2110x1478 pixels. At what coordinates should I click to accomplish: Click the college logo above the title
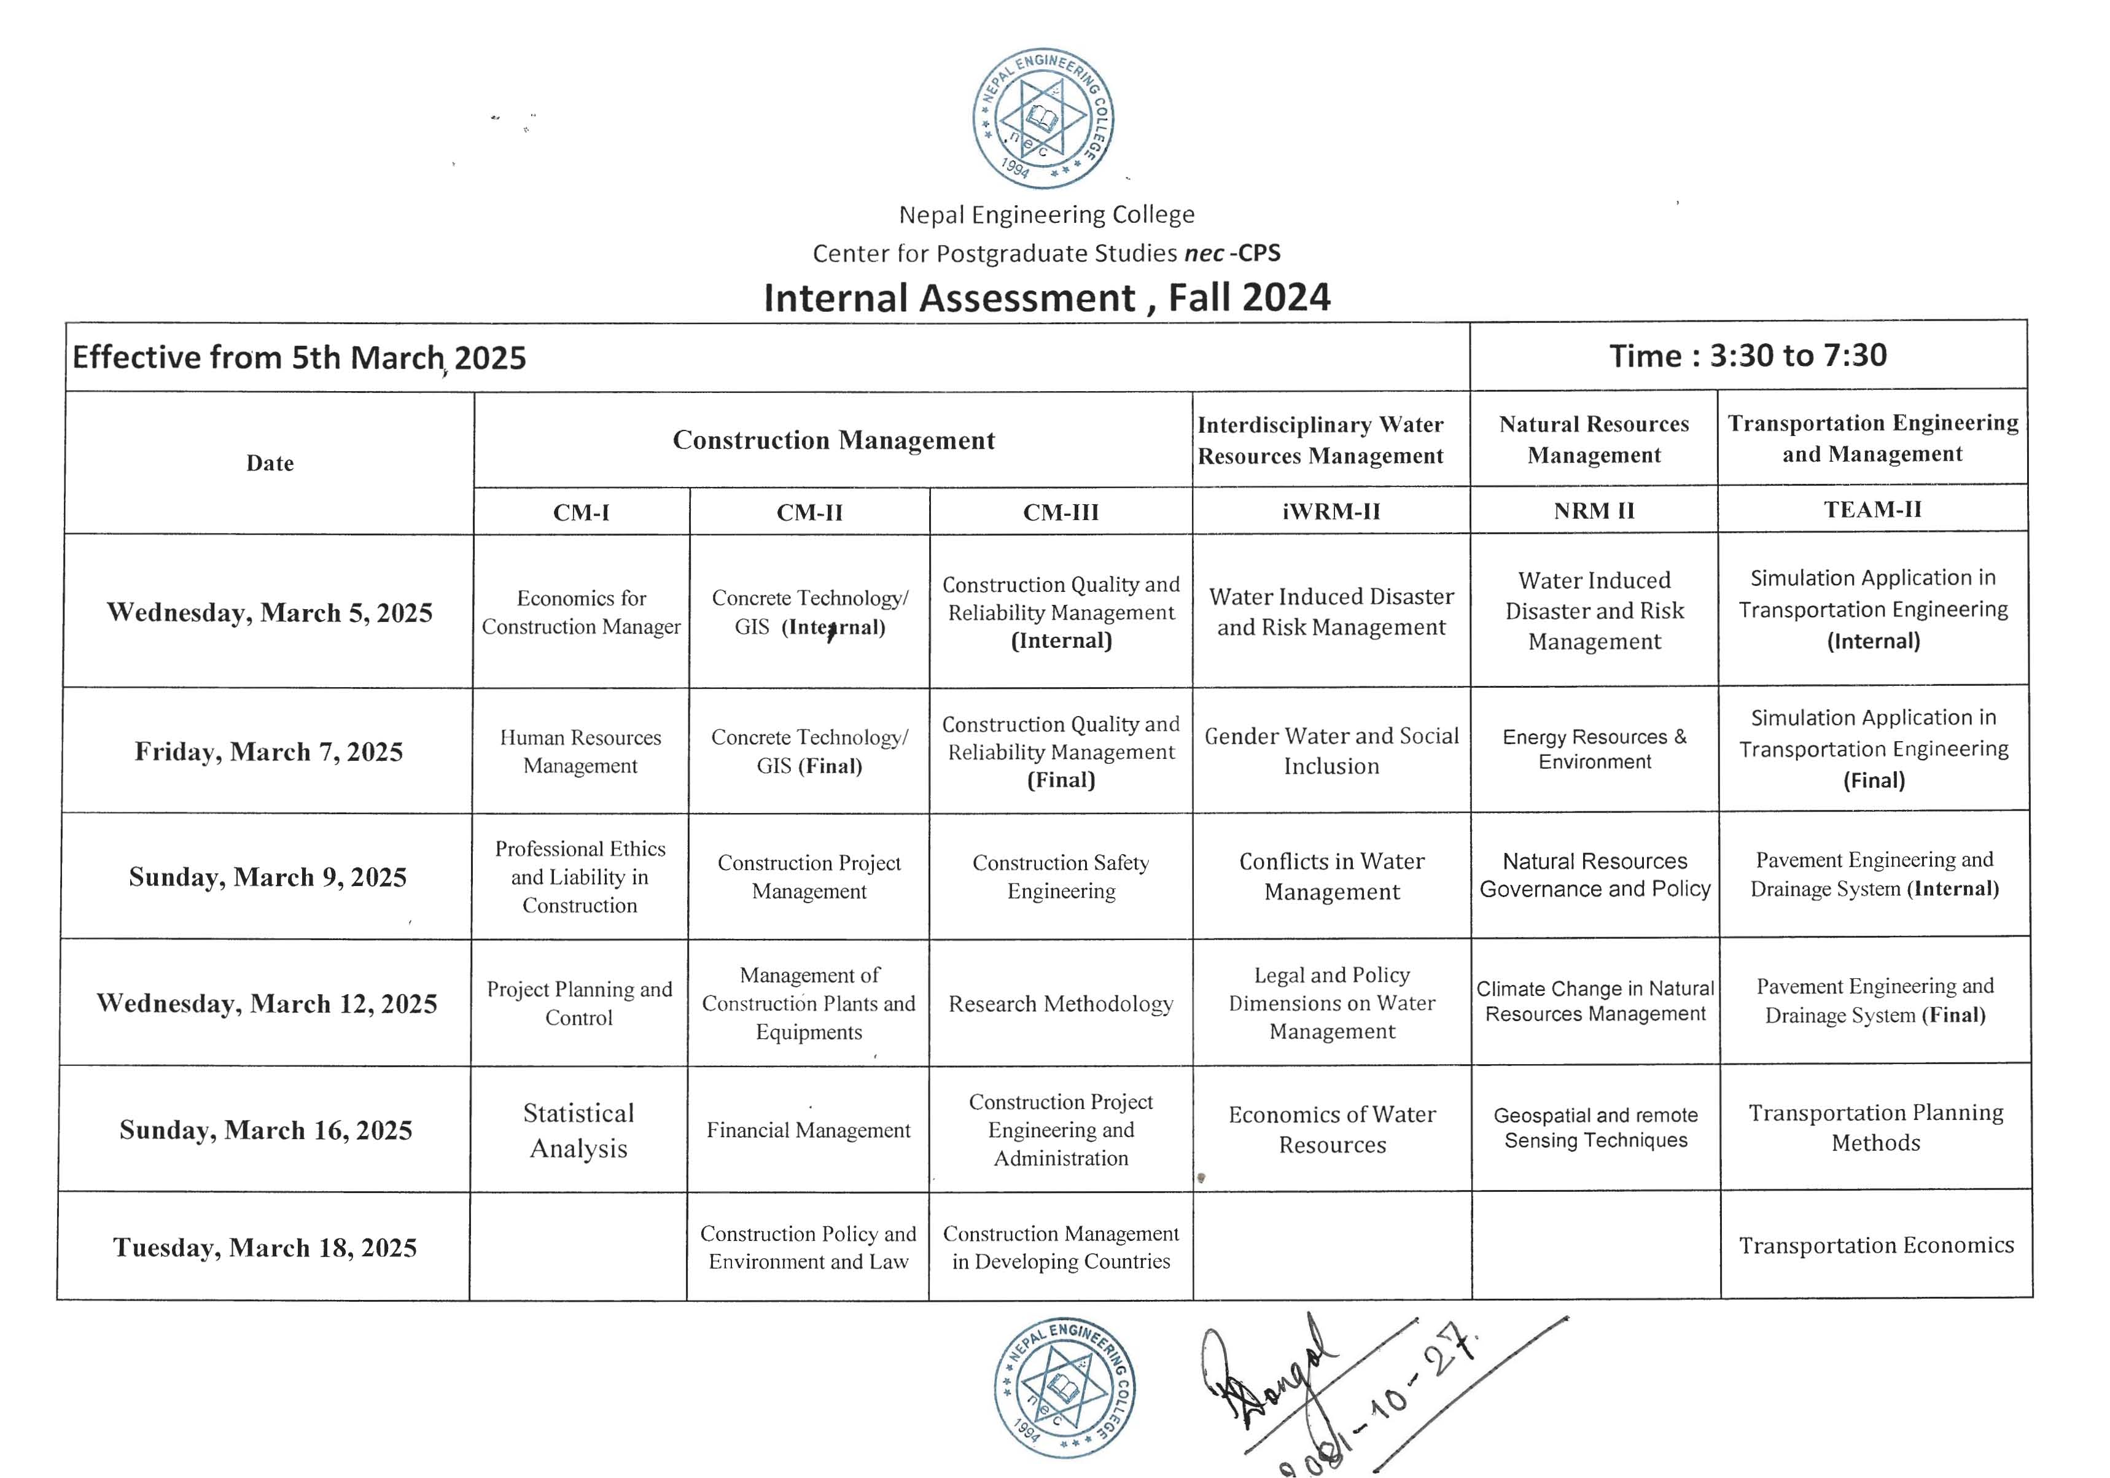click(1043, 118)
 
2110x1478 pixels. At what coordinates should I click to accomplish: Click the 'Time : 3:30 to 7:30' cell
click(1748, 356)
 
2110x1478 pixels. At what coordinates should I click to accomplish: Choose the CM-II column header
click(809, 512)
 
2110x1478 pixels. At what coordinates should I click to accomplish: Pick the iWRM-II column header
click(1331, 511)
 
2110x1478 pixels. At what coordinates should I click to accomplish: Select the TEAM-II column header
click(1872, 509)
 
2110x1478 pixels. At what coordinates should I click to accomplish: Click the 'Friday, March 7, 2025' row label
click(268, 752)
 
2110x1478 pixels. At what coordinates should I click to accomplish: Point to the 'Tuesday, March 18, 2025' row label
click(265, 1247)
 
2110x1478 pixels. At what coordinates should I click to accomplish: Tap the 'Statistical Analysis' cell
click(579, 1130)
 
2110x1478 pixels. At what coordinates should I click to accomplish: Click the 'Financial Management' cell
click(808, 1130)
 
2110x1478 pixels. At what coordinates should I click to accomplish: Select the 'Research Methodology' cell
click(1061, 1004)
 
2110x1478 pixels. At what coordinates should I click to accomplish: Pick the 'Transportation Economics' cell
click(1875, 1245)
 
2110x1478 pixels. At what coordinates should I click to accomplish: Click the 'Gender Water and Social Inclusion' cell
click(1331, 751)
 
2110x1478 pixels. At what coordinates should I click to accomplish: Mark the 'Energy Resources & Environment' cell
click(1594, 749)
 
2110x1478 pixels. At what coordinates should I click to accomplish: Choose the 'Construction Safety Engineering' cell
click(1061, 877)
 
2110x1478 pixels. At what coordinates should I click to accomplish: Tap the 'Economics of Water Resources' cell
click(1331, 1130)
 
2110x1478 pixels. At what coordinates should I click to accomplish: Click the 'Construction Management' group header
click(833, 440)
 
